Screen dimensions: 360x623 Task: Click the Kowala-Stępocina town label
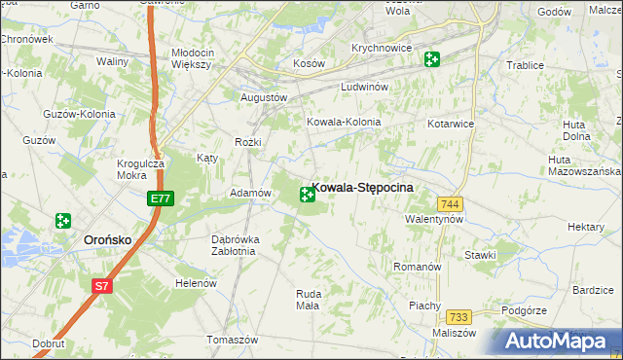[x=364, y=187]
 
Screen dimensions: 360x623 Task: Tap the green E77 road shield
[x=162, y=198]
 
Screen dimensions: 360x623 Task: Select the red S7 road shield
[x=102, y=285]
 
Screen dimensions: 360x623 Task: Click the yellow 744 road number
[x=450, y=203]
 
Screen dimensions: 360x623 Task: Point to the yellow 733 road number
[x=459, y=317]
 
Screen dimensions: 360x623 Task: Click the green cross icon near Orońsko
[x=64, y=222]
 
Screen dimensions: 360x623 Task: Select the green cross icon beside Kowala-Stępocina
[x=307, y=196]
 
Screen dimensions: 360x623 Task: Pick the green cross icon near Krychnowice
[x=431, y=60]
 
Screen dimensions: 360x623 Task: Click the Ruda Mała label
[x=307, y=299]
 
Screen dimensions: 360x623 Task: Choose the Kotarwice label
[x=450, y=125]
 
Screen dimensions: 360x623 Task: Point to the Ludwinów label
[x=365, y=87]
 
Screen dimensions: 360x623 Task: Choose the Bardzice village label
[x=592, y=290]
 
